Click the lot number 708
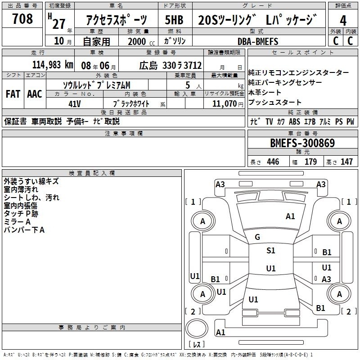pyautogui.click(x=22, y=18)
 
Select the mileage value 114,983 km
pyautogui.click(x=53, y=65)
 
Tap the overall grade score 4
pyautogui.click(x=343, y=21)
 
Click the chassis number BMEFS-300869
pyautogui.click(x=302, y=143)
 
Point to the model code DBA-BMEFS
pyautogui.click(x=258, y=41)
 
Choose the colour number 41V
pyautogui.click(x=75, y=104)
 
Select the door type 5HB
pyautogui.click(x=174, y=20)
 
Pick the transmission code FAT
pyautogui.click(x=13, y=94)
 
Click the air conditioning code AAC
pyautogui.click(x=35, y=94)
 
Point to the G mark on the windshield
pyautogui.click(x=257, y=237)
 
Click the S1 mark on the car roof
pyautogui.click(x=271, y=251)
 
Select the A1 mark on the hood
pyautogui.click(x=290, y=216)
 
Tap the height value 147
pyautogui.click(x=346, y=162)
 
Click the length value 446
pyautogui.click(x=273, y=162)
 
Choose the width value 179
pyautogui.click(x=310, y=162)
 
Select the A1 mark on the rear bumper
pyautogui.click(x=220, y=332)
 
